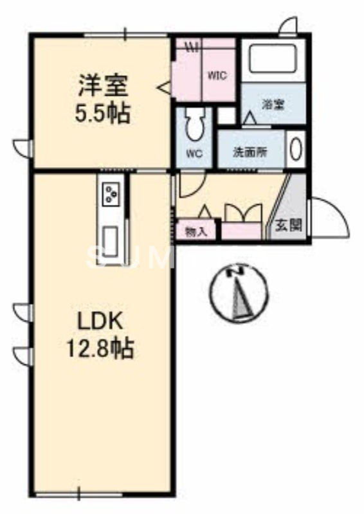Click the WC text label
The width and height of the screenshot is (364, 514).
click(195, 154)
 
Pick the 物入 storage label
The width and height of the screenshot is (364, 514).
click(197, 231)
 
